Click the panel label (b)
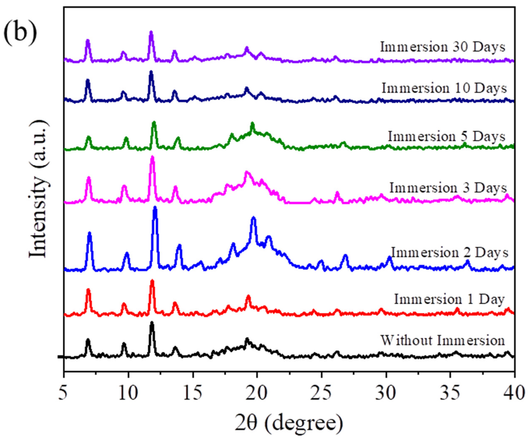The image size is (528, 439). point(20,33)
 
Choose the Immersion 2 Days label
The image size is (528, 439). point(449,253)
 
